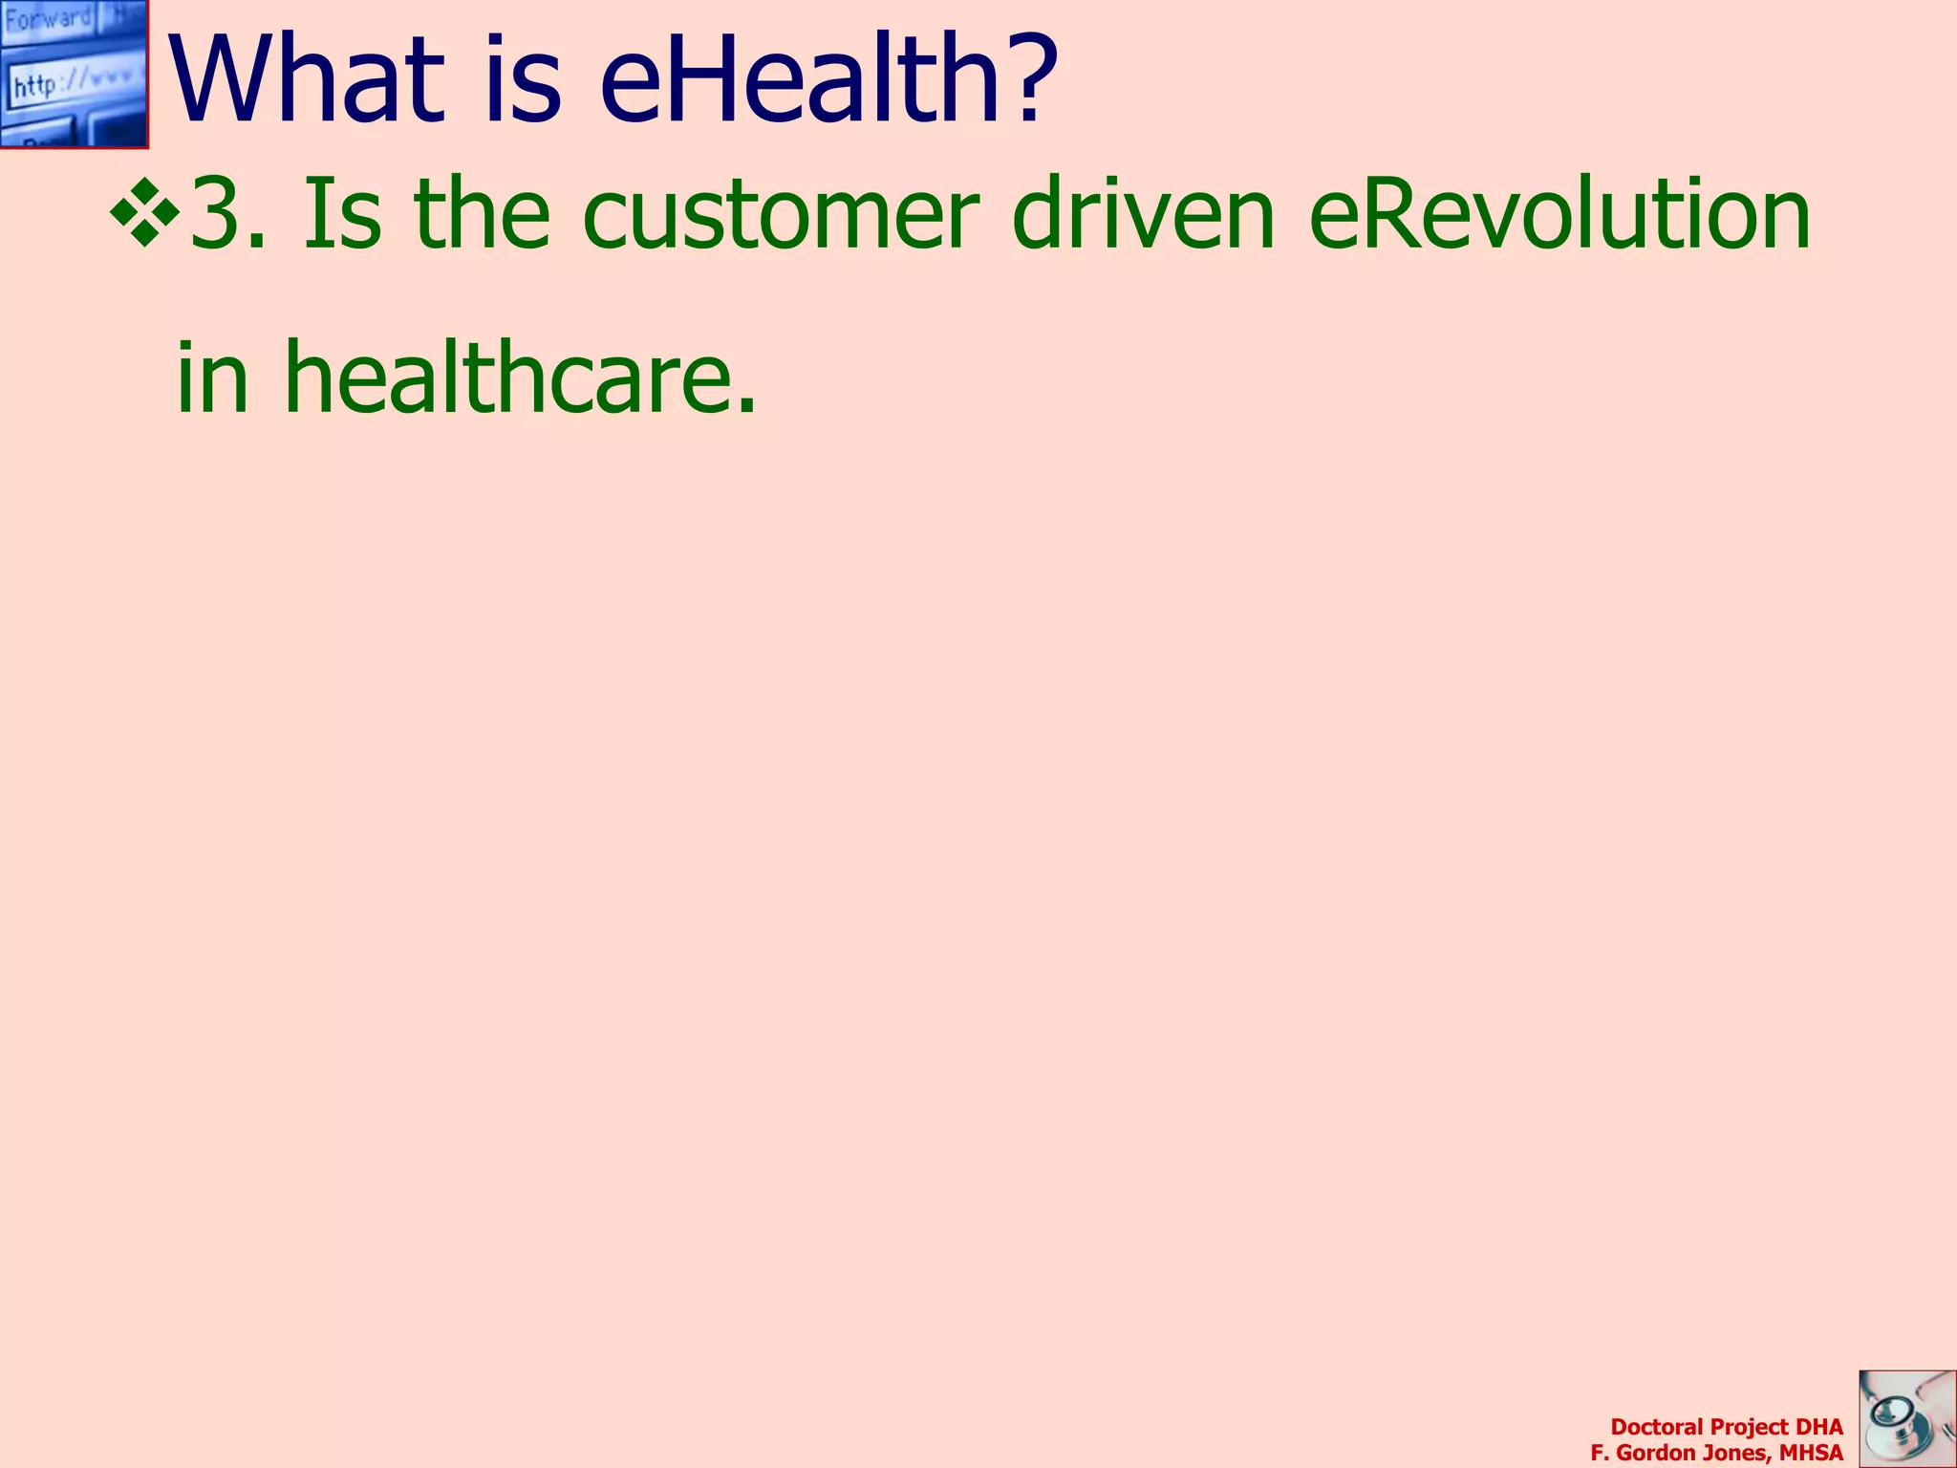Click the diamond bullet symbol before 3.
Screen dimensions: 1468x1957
pos(145,212)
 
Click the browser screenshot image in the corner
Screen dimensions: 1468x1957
pos(74,74)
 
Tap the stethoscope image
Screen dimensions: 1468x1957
pos(1907,1418)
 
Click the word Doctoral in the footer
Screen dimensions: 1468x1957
pos(1657,1427)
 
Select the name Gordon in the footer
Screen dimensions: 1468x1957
pos(1657,1454)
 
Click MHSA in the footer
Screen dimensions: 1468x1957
pos(1811,1454)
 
